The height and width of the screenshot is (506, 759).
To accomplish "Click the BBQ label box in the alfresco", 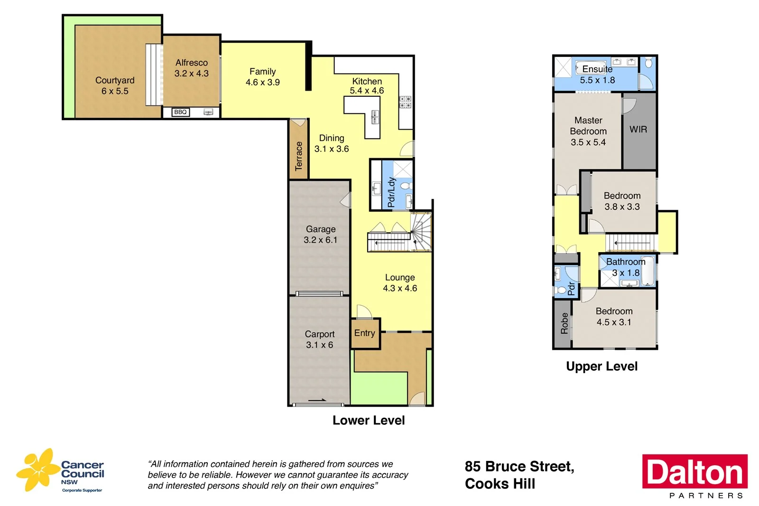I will (180, 112).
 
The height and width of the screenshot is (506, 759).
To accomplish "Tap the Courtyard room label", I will (115, 80).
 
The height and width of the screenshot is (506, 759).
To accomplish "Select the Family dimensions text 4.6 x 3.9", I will (262, 83).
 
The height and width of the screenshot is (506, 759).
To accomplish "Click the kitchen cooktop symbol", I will (405, 102).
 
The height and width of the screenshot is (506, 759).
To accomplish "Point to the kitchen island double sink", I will (375, 117).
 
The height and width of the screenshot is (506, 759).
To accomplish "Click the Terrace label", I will (298, 156).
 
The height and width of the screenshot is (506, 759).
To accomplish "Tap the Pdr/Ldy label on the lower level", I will (391, 192).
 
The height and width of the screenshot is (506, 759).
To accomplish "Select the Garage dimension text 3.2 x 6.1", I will (320, 240).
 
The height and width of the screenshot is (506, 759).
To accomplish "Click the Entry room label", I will (364, 333).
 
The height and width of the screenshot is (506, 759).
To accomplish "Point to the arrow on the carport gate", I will (317, 400).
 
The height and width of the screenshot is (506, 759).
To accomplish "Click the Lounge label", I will (400, 277).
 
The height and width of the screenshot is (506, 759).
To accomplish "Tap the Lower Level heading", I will (369, 421).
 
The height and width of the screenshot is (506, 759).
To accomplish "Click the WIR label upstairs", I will (638, 130).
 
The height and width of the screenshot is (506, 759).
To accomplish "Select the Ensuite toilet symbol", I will (649, 63).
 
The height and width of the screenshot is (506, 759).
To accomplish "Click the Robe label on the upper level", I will (564, 323).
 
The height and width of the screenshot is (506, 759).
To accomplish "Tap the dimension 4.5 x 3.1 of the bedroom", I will (614, 322).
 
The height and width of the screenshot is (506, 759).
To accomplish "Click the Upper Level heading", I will (602, 366).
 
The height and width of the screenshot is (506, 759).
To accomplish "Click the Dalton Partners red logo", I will (694, 472).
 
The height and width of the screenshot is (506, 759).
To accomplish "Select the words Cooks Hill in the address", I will (500, 484).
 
